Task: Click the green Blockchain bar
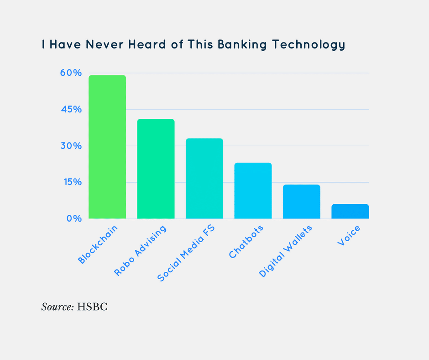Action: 107,147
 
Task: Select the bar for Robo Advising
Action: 156,169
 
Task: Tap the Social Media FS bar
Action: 204,178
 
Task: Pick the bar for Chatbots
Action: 253,191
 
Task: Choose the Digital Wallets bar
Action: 301,201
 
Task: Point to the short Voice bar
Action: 350,211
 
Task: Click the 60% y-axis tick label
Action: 71,73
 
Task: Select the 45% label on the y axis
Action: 71,110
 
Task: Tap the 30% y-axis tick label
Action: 71,146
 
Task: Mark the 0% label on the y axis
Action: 73,218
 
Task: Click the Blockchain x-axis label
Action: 98,244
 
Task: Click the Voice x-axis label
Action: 349,235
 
